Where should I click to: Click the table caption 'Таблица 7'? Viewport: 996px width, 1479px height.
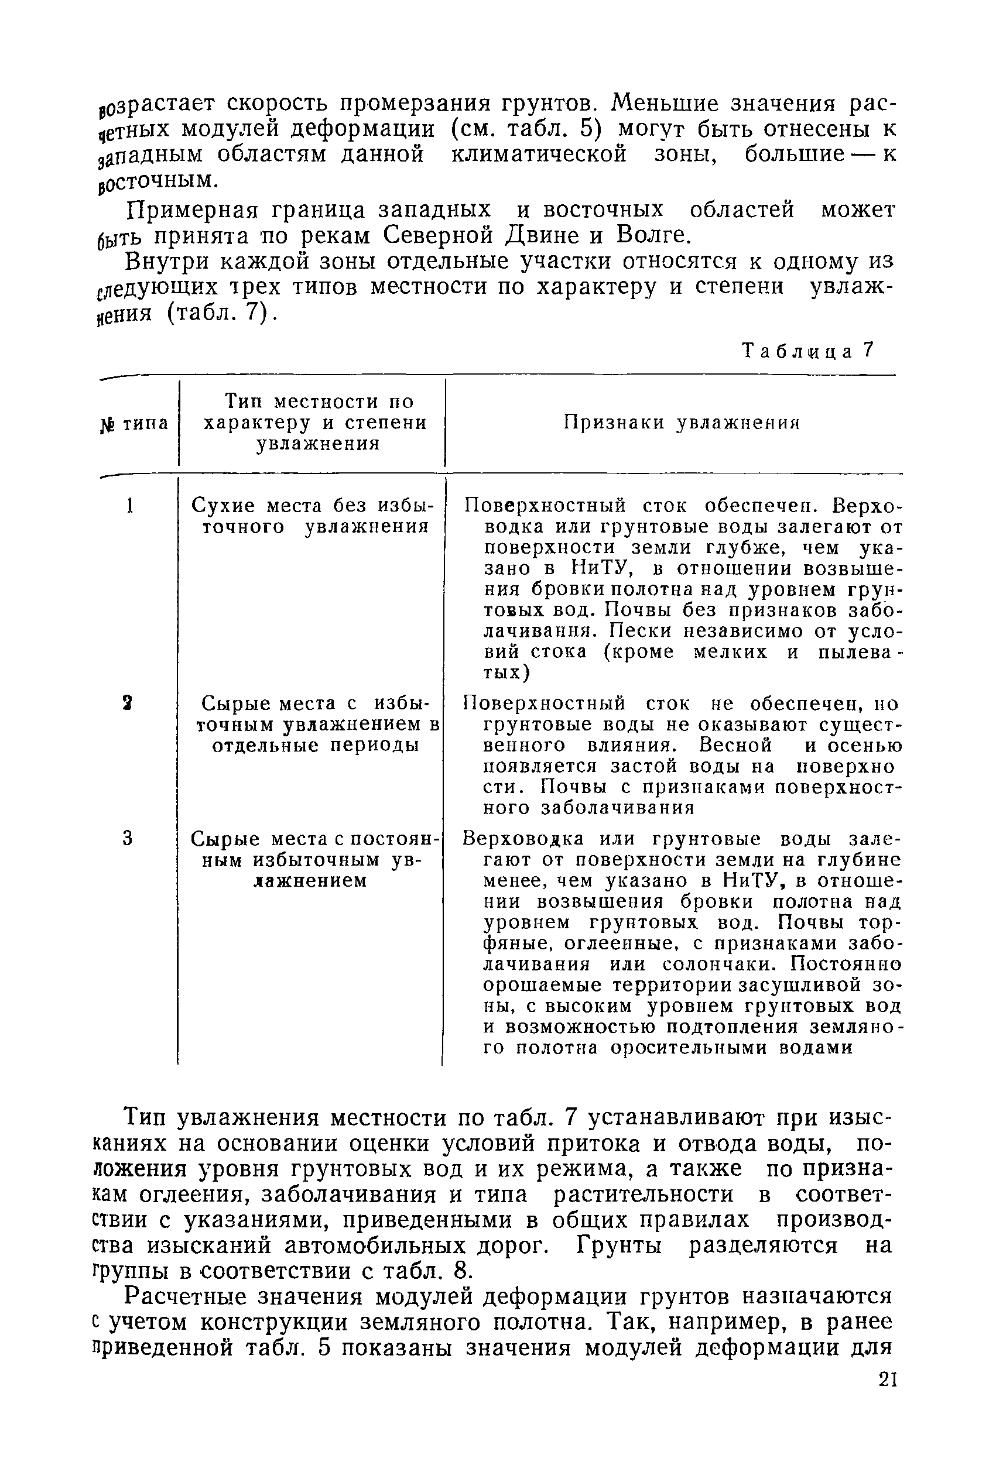click(808, 351)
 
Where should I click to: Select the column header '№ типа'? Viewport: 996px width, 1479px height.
click(134, 423)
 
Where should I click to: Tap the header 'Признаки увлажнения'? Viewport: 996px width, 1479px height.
click(681, 423)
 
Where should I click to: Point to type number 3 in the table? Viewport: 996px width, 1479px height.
click(128, 839)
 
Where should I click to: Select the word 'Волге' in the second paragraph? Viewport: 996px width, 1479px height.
click(652, 235)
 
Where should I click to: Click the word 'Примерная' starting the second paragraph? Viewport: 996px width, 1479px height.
click(184, 210)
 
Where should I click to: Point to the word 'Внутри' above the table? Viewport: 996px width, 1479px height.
click(162, 262)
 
